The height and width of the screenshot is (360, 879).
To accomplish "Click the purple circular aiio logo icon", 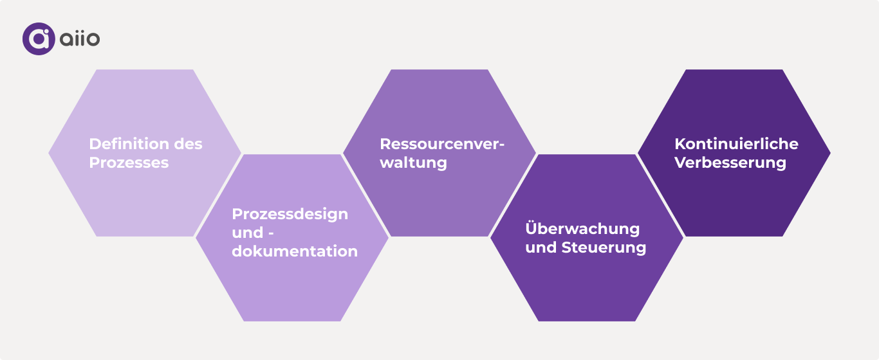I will pyautogui.click(x=39, y=39).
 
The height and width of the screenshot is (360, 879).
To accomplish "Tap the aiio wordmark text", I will pyautogui.click(x=80, y=39).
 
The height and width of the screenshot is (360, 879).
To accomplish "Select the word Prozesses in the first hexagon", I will pyautogui.click(x=129, y=163).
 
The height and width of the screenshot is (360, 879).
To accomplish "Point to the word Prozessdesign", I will pyautogui.click(x=290, y=213).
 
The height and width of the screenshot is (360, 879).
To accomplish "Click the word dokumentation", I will pyautogui.click(x=295, y=251).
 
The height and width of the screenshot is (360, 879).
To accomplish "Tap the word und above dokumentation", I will pyautogui.click(x=248, y=232).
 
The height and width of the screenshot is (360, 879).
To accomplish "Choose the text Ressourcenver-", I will pyautogui.click(x=442, y=144).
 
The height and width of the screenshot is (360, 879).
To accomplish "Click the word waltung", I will pyautogui.click(x=413, y=163).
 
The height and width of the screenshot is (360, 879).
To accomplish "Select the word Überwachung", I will pyautogui.click(x=582, y=229).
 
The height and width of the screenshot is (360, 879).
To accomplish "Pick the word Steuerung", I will pyautogui.click(x=604, y=248).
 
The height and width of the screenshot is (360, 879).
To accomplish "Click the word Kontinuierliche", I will pyautogui.click(x=736, y=144).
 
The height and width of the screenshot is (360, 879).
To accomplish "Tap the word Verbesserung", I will pyautogui.click(x=730, y=163).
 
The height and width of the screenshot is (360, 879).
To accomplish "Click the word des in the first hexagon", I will pyautogui.click(x=189, y=144).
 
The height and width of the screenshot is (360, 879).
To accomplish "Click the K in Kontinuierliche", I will pyautogui.click(x=680, y=144).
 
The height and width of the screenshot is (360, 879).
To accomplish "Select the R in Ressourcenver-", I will pyautogui.click(x=385, y=144).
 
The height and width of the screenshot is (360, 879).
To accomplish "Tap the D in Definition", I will pyautogui.click(x=95, y=144).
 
